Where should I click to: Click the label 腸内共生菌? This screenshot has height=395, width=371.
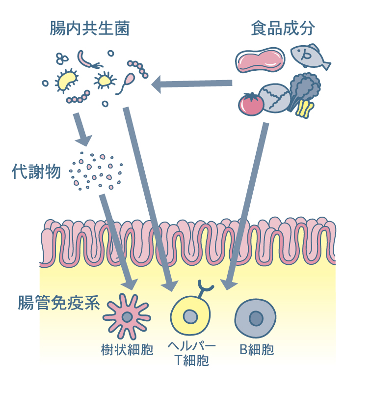pyautogui.click(x=89, y=28)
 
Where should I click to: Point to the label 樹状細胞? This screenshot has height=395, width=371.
pyautogui.click(x=126, y=350)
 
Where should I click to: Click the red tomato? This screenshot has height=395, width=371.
pyautogui.click(x=251, y=104)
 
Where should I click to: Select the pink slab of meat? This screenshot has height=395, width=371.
pyautogui.click(x=260, y=60)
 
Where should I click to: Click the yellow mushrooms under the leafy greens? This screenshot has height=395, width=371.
pyautogui.click(x=305, y=109)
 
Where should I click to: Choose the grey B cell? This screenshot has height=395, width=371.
pyautogui.click(x=255, y=318)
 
